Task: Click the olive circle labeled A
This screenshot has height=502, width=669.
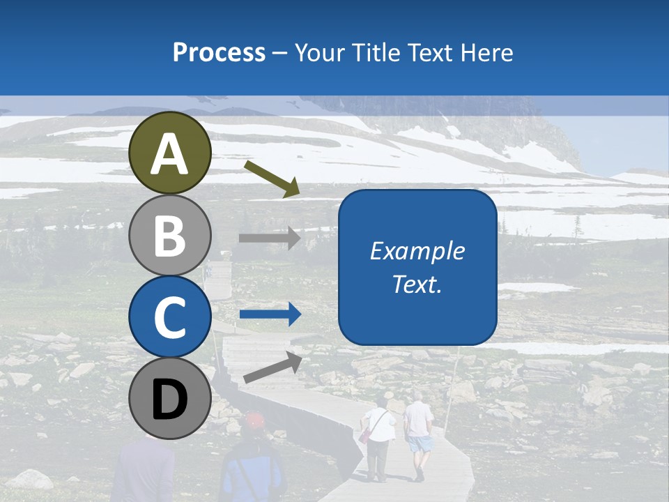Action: tap(170, 153)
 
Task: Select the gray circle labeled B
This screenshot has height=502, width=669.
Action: tap(170, 236)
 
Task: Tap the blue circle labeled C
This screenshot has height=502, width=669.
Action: tap(170, 317)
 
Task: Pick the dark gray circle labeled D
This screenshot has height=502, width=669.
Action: tap(170, 399)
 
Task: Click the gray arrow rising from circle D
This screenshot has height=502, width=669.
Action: tap(272, 367)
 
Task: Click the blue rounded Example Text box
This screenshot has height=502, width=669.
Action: tap(417, 267)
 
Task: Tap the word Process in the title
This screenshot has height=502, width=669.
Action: tap(219, 52)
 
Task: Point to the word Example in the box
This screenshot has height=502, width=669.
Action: tap(417, 251)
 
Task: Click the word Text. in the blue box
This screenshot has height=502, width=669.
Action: tap(417, 284)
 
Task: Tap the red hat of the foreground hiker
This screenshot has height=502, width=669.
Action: tap(254, 420)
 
